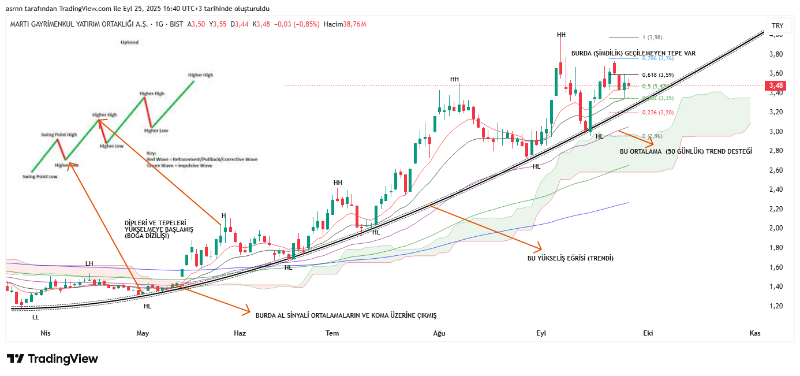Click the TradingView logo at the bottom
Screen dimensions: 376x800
click(x=52, y=359)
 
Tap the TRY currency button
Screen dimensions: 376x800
click(x=777, y=26)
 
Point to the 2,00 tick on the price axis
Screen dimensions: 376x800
click(x=776, y=228)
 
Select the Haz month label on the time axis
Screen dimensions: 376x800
click(x=240, y=333)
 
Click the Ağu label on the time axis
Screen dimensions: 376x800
click(x=439, y=333)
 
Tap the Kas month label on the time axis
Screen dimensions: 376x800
click(x=754, y=333)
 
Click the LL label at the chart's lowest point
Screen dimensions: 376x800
click(x=36, y=317)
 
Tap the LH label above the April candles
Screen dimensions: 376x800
click(x=89, y=263)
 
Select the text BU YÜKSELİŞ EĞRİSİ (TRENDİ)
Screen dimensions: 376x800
click(x=570, y=258)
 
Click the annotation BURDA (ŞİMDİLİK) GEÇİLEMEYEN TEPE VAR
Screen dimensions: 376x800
click(x=633, y=53)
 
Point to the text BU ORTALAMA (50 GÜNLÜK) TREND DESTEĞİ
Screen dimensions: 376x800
click(x=686, y=151)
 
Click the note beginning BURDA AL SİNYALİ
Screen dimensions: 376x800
click(x=346, y=315)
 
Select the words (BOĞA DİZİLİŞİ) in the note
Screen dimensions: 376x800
click(x=147, y=236)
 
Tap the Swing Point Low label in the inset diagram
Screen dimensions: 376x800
click(x=40, y=177)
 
